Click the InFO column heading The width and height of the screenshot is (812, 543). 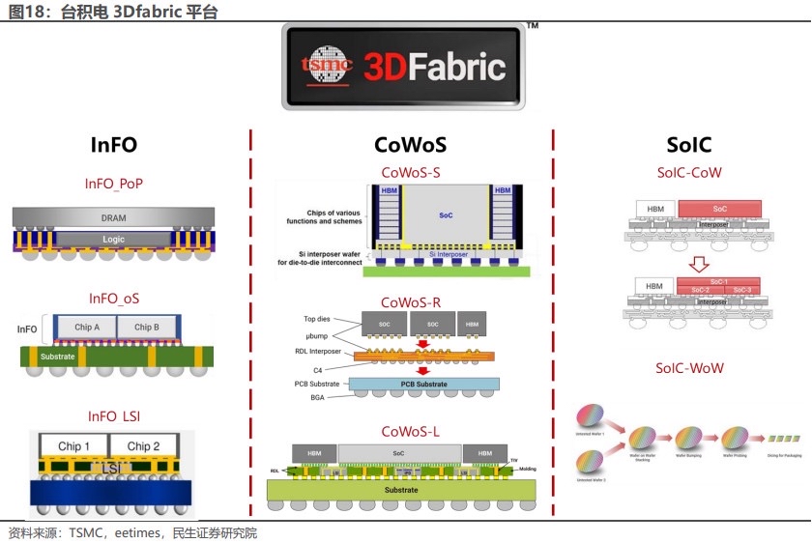(113, 145)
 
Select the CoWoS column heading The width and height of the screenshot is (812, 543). (410, 145)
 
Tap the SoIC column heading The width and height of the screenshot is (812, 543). (688, 145)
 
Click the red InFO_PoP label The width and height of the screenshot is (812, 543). (114, 183)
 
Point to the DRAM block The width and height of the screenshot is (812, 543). (114, 217)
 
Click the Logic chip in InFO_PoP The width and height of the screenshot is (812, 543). (114, 239)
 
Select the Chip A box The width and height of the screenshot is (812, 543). (87, 328)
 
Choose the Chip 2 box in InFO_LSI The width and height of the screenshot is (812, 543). (143, 445)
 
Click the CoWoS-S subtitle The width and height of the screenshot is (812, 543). (411, 173)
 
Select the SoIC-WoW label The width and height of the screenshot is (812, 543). (689, 368)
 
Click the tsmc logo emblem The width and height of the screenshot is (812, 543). (322, 66)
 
